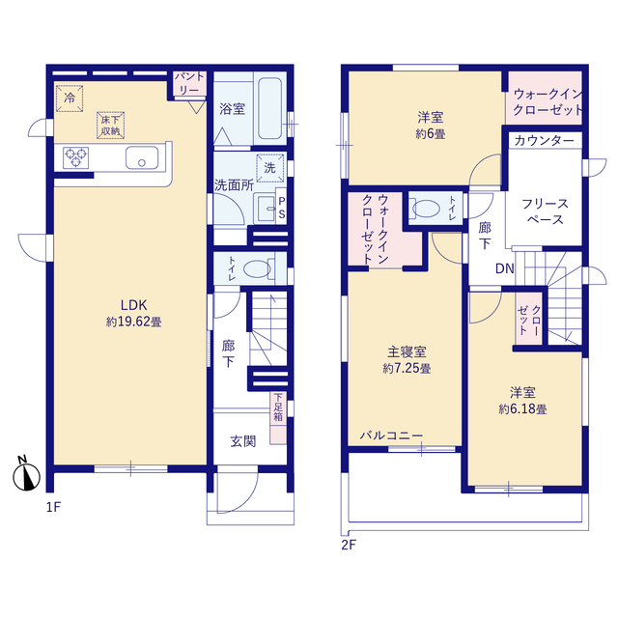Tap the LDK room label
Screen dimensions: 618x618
[x=133, y=305]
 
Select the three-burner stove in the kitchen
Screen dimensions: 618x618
[x=75, y=157]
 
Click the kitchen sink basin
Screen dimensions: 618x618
[x=142, y=157]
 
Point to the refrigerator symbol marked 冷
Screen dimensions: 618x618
[x=70, y=98]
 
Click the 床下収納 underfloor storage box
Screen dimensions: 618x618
[x=111, y=126]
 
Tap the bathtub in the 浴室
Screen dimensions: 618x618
[x=270, y=108]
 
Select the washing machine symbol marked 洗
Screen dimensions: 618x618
[x=270, y=168]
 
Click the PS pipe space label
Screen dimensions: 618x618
[x=282, y=208]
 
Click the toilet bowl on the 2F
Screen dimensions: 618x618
[x=424, y=208]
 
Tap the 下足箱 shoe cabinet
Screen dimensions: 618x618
[x=278, y=418]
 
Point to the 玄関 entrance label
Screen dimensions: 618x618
[x=243, y=441]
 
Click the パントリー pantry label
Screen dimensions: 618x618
[x=189, y=83]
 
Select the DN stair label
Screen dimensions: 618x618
[x=504, y=268]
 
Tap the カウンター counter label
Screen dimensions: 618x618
[x=544, y=141]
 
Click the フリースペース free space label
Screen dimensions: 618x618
[x=545, y=211]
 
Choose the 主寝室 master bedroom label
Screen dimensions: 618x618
[x=407, y=351]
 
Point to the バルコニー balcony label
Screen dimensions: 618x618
[x=391, y=435]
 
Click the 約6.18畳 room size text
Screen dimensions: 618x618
[x=522, y=409]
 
